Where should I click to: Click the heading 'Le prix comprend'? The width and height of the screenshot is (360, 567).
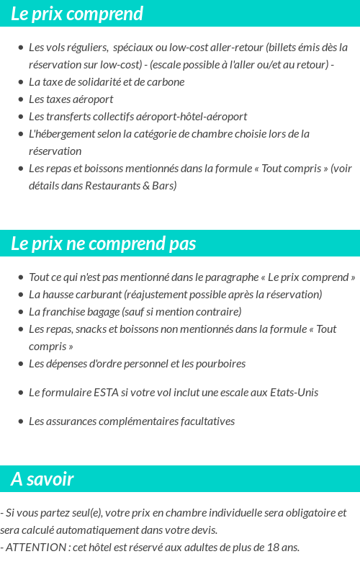click(77, 14)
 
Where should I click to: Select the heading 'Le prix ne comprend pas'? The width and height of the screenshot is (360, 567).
click(103, 244)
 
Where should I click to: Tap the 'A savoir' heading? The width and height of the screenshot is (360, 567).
click(42, 479)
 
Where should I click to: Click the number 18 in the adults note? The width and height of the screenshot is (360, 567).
click(273, 548)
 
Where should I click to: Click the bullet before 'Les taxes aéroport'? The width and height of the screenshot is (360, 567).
click(20, 99)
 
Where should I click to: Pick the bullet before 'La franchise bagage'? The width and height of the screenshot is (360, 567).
click(20, 312)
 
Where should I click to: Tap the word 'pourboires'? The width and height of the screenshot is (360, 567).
click(220, 364)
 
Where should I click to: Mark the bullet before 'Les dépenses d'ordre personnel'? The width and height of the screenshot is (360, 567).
click(20, 364)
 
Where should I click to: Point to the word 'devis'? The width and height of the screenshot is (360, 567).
click(204, 530)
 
